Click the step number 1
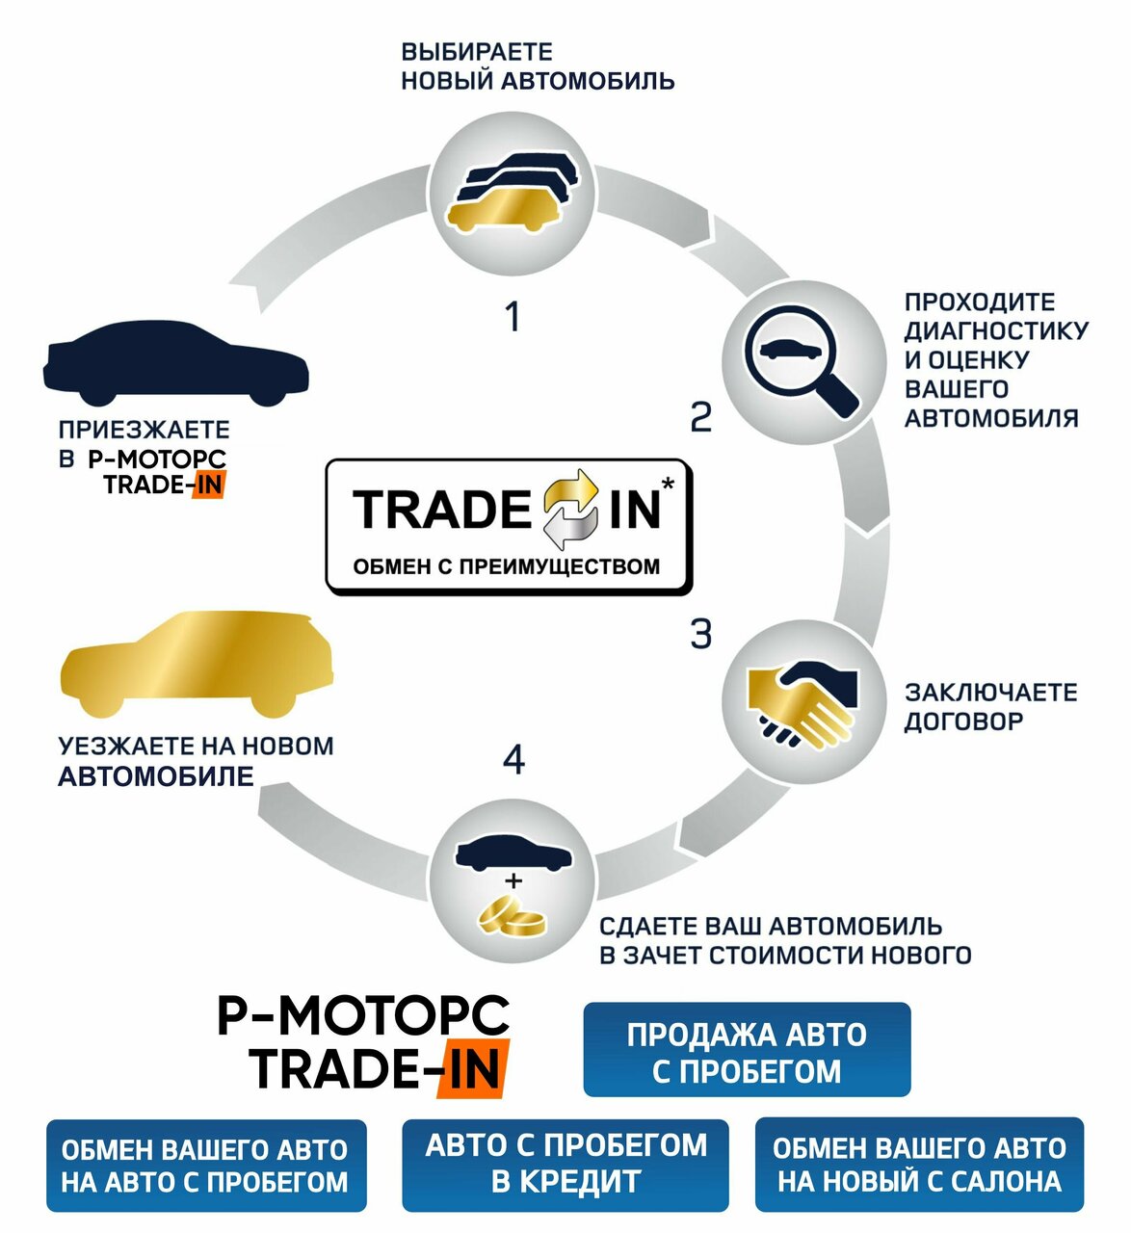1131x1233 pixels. tap(513, 316)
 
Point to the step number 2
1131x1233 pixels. tap(701, 417)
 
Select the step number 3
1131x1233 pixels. tap(701, 635)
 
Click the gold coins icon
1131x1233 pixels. tap(513, 915)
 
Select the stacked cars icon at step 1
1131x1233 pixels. tap(512, 192)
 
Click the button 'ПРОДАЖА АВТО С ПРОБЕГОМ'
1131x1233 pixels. tap(747, 1050)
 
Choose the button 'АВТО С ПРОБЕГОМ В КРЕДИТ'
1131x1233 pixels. tap(565, 1164)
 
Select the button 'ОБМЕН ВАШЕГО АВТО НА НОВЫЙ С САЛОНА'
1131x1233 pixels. tap(919, 1164)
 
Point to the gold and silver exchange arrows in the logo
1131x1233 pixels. tap(572, 509)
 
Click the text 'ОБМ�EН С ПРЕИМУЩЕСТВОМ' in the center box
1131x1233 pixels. tap(507, 566)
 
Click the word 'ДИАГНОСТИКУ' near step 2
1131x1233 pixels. tap(996, 330)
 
